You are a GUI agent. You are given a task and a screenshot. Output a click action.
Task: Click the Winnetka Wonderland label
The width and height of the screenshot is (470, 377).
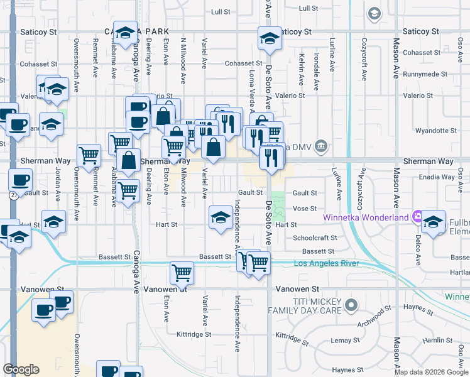tap(366, 218)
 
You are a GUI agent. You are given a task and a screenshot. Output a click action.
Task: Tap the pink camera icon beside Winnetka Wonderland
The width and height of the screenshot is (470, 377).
tap(417, 217)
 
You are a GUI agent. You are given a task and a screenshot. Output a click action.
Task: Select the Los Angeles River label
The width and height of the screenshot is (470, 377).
tap(326, 263)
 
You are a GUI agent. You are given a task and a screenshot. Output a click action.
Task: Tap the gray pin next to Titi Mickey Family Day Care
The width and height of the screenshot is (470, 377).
tap(351, 306)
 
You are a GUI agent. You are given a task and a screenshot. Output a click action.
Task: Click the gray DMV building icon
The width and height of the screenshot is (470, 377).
tap(321, 146)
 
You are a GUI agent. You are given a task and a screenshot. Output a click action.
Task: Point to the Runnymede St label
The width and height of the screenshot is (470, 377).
tap(425, 74)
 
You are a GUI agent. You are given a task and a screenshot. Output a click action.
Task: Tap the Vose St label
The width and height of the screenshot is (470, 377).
tap(304, 209)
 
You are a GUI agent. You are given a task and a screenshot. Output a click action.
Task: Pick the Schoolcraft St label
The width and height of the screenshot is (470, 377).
tap(315, 238)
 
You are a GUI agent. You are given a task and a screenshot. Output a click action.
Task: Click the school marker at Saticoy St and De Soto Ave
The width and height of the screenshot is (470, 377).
tap(270, 40)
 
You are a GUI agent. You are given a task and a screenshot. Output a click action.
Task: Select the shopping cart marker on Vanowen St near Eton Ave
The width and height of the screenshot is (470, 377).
tap(182, 273)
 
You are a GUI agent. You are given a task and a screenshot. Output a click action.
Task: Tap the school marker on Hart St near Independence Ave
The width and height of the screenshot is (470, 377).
tap(220, 217)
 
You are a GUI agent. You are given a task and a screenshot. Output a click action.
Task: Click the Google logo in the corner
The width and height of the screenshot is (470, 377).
tap(21, 369)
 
